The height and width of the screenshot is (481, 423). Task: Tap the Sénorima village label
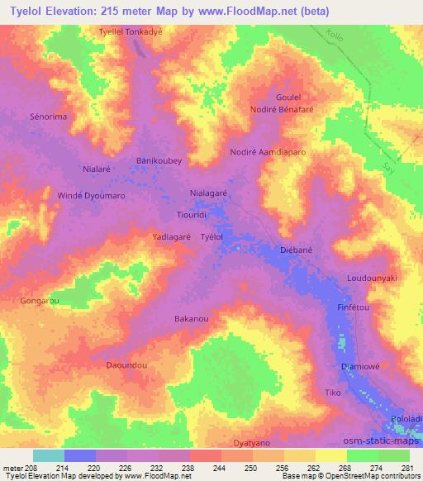pyautogui.click(x=48, y=117)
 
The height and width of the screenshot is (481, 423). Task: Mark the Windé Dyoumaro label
pyautogui.click(x=91, y=196)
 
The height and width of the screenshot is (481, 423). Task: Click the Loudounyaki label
pyautogui.click(x=373, y=279)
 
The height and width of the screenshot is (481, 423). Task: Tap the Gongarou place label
pyautogui.click(x=40, y=301)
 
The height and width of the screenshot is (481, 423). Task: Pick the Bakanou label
pyautogui.click(x=191, y=318)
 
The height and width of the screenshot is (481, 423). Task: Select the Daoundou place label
pyautogui.click(x=127, y=364)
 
